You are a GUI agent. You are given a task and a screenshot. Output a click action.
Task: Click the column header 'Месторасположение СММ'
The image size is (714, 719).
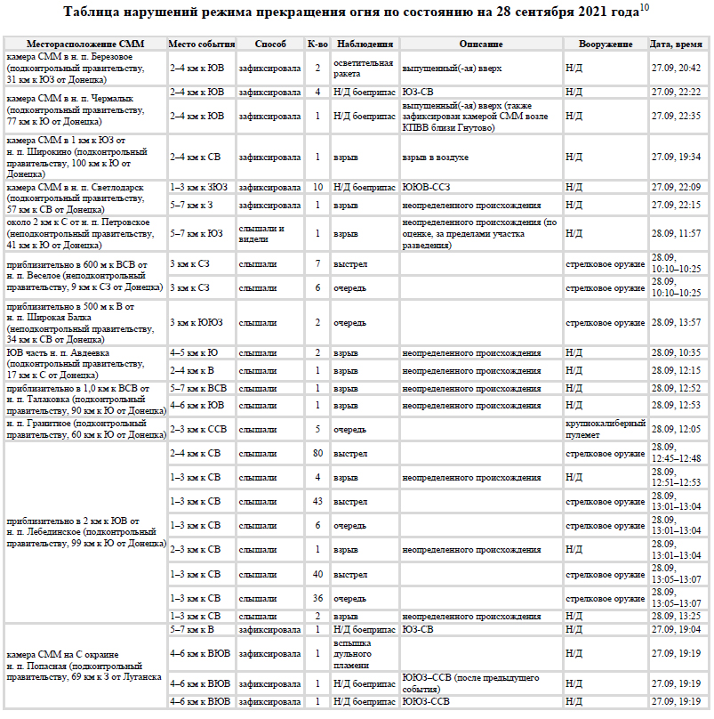85,44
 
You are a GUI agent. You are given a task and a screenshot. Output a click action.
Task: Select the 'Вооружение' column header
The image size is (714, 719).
605,44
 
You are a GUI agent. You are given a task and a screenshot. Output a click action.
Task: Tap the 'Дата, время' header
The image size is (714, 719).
678,44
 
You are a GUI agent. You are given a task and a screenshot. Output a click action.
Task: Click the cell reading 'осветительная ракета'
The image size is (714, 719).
363,68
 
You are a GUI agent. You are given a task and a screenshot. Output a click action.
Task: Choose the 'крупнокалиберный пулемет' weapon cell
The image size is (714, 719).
605,429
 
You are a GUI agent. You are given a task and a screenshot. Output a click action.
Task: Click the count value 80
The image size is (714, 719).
317,453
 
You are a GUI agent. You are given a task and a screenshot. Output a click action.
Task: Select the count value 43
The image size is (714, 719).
317,501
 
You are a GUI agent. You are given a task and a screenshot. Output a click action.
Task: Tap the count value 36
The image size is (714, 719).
317,597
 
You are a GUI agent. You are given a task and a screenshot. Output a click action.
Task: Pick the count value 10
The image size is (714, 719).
317,187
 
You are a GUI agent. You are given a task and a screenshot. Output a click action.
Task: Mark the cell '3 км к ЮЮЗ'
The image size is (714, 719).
197,322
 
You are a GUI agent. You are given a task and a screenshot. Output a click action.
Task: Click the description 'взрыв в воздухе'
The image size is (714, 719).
435,157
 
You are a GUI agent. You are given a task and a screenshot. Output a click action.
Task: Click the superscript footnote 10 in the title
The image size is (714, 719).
645,8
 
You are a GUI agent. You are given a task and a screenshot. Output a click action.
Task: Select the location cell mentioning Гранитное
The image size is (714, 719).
85,429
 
